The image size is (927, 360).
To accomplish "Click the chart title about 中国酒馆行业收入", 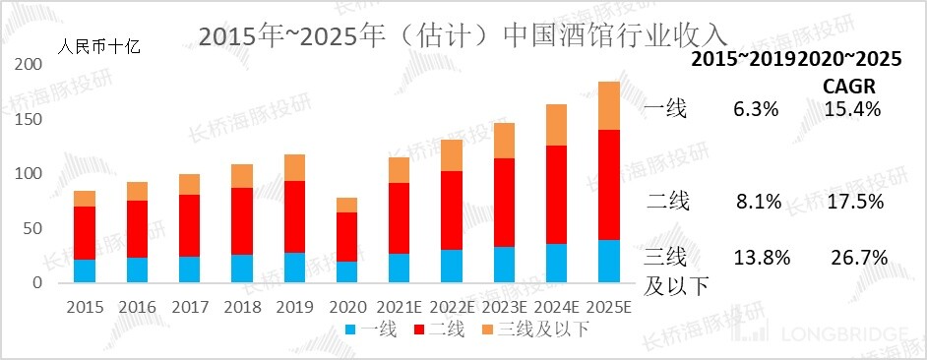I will [463, 35].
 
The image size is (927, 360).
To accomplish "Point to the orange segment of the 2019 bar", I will [292, 167].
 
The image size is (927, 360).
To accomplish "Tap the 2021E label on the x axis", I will [398, 307].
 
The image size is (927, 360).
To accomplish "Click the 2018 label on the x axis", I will [241, 307].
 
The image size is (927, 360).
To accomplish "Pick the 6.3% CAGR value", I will [755, 109].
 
